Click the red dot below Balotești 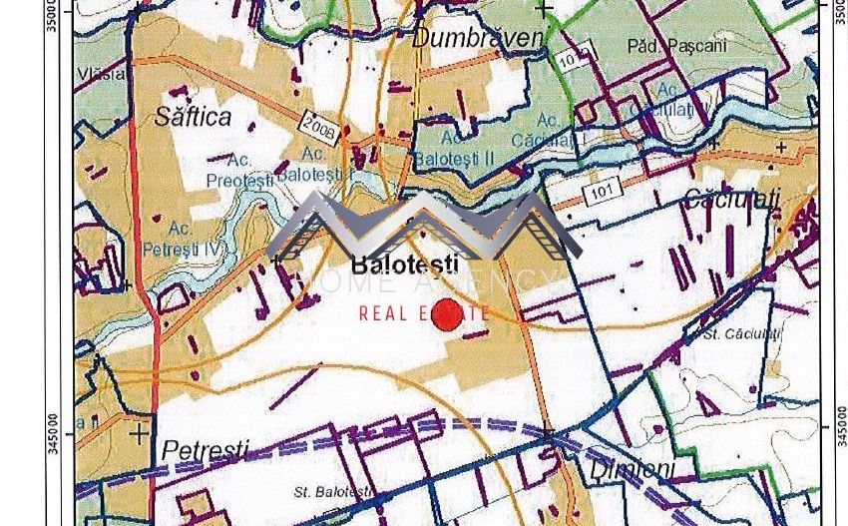tap(447, 314)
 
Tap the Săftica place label tap(193, 117)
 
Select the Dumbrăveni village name tap(478, 38)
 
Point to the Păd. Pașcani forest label tap(677, 46)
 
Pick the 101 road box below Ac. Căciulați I tap(602, 191)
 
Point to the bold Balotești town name tap(405, 264)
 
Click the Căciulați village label tap(731, 200)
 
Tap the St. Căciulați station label tap(740, 334)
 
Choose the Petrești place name tap(205, 450)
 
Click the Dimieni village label tap(632, 468)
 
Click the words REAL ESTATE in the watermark tap(424, 313)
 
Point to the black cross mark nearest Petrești tap(139, 434)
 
